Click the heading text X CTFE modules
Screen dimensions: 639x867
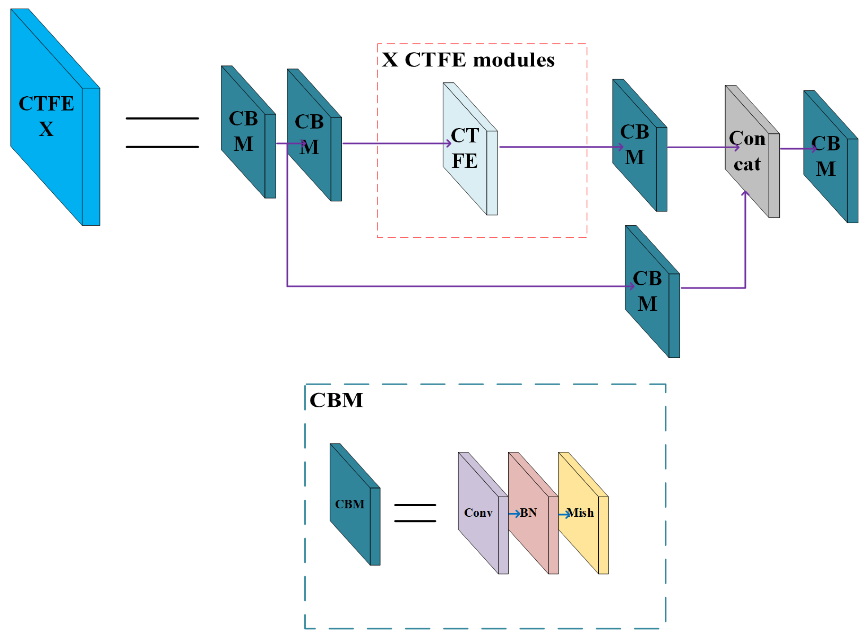tap(468, 60)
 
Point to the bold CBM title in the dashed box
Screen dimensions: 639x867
tap(336, 401)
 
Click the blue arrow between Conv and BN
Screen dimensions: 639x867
tap(514, 514)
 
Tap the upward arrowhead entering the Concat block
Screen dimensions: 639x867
tap(745, 193)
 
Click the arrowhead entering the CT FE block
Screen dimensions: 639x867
tap(449, 144)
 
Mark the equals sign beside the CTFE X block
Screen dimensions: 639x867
tap(162, 133)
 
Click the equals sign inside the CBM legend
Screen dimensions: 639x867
tap(415, 513)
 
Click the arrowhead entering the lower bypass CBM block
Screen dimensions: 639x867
tap(631, 286)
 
